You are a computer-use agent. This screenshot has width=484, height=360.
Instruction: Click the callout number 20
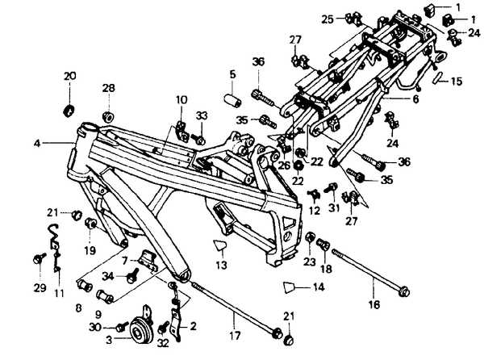point(69,76)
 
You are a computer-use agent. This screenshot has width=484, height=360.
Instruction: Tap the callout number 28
point(108,87)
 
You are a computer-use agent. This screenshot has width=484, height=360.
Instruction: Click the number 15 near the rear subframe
point(457,82)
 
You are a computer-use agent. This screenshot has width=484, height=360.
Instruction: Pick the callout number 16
point(373,305)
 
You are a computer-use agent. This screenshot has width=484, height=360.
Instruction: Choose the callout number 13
point(221,265)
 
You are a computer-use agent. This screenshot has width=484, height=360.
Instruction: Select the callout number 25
point(328,18)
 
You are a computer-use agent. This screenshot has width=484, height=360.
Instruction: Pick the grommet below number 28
point(108,107)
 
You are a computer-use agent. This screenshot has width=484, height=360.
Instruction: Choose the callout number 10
point(181,100)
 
